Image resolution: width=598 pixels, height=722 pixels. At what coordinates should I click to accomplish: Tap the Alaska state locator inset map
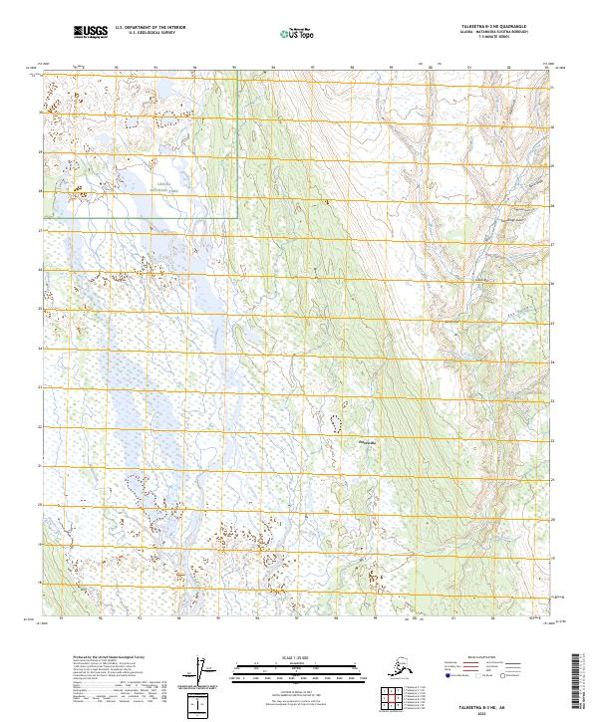351,666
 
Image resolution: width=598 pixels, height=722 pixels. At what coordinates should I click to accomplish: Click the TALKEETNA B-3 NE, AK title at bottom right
488,701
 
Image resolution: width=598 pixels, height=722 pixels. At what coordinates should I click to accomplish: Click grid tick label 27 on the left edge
39,231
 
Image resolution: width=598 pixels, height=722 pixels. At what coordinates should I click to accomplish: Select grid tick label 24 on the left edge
39,349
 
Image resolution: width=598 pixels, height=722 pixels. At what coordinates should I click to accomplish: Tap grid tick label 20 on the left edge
39,505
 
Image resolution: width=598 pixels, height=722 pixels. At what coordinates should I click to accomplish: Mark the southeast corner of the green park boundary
239,218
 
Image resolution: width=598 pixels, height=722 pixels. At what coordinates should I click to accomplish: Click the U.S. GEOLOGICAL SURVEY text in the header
145,36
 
